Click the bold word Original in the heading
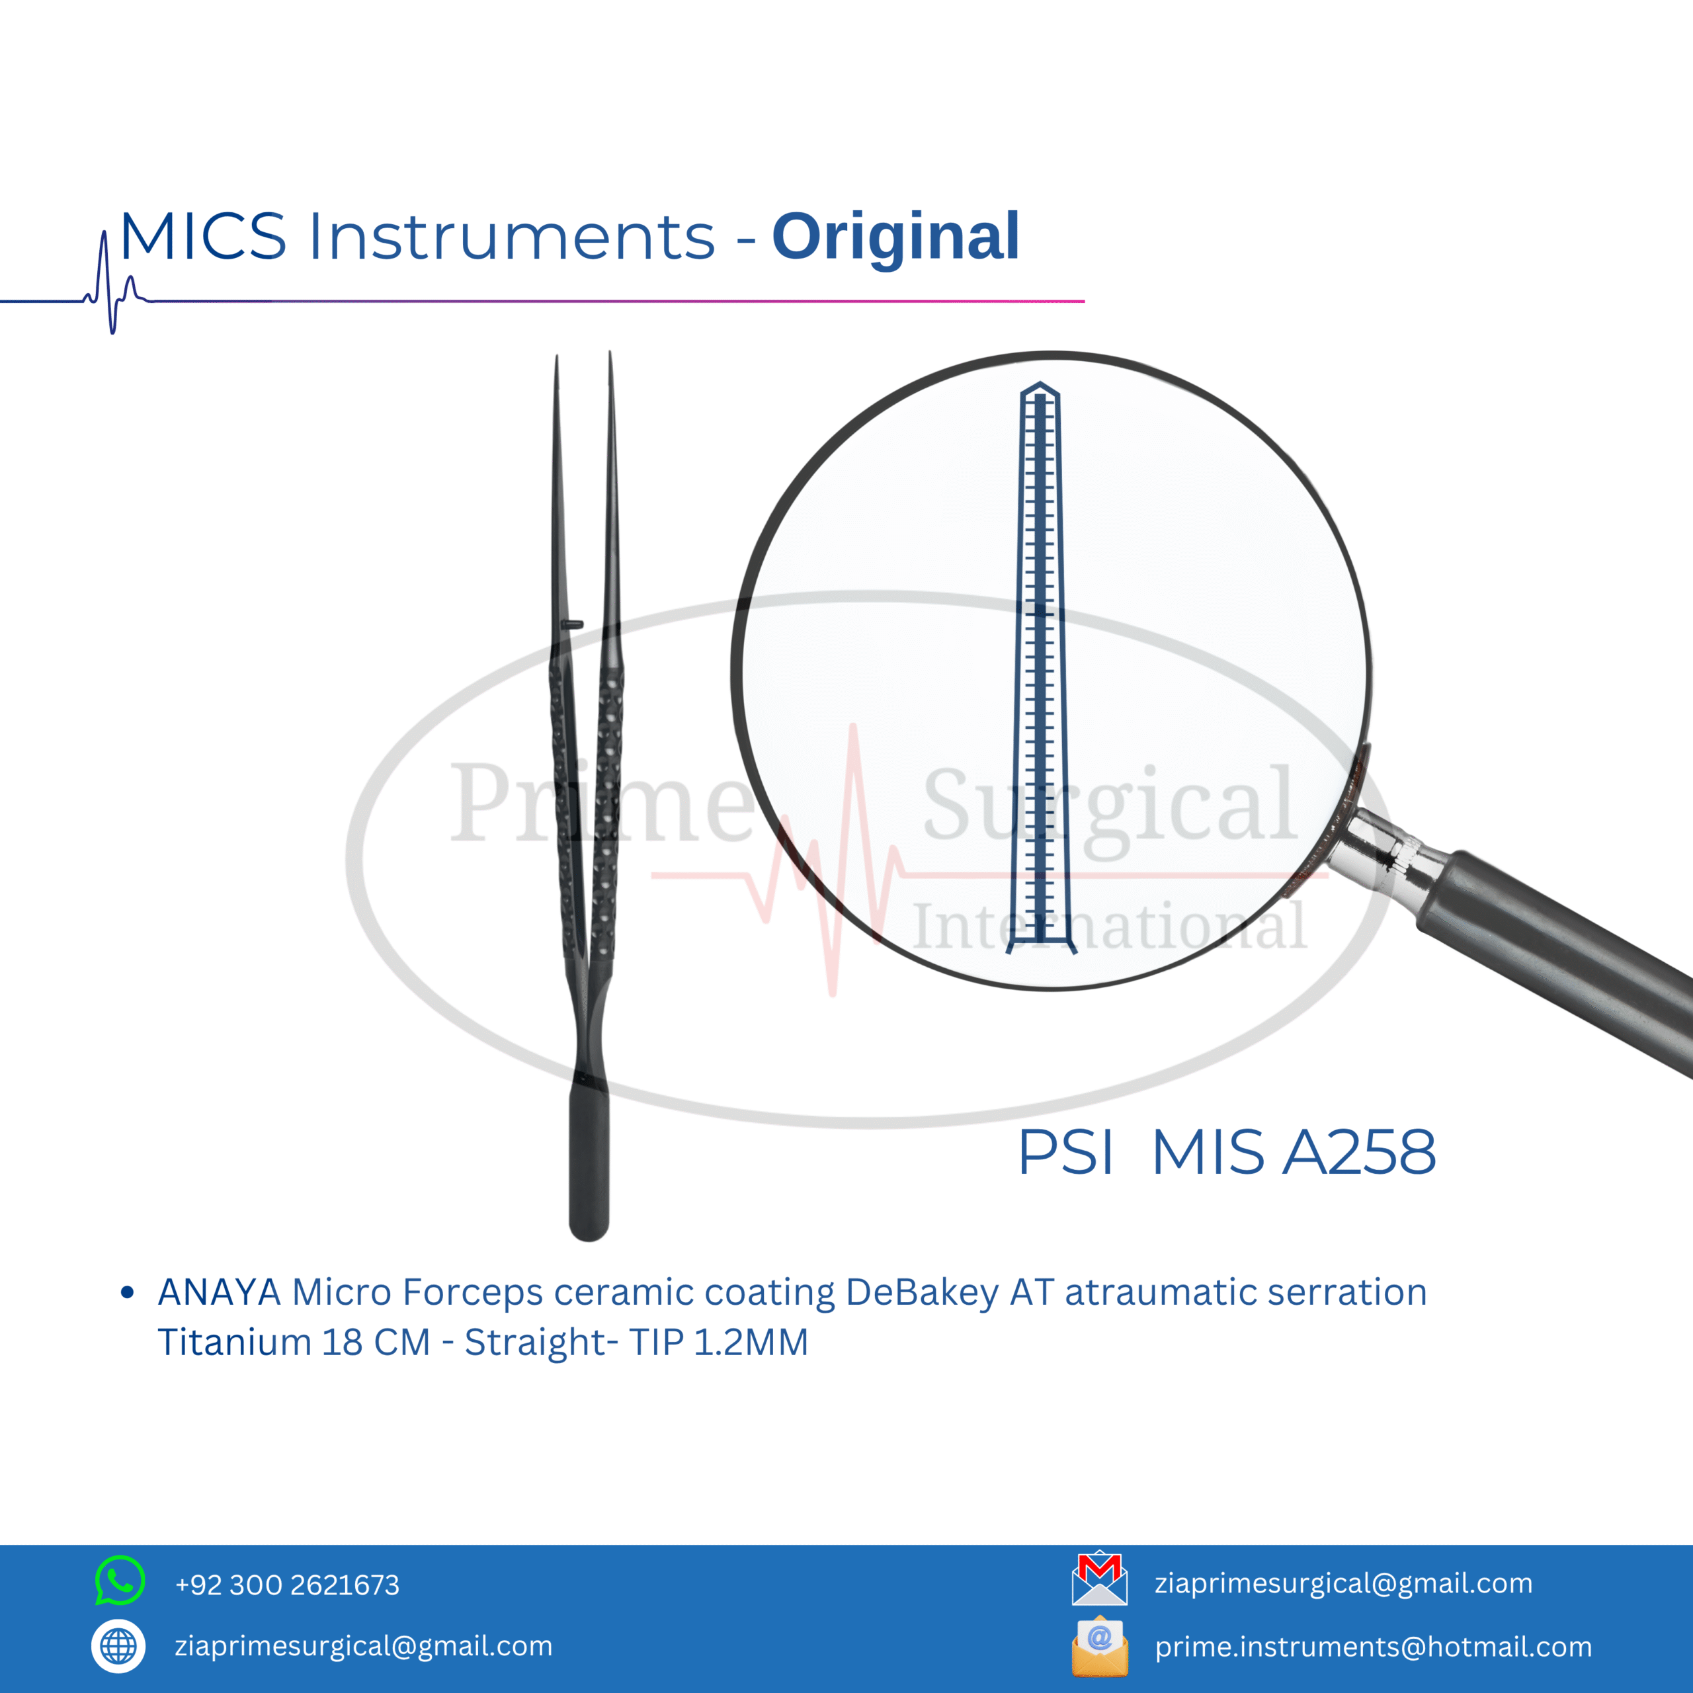tap(895, 237)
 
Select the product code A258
tap(1359, 1151)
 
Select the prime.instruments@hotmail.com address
tap(1373, 1647)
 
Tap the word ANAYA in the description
tap(219, 1292)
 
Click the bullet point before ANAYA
tap(128, 1292)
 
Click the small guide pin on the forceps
tap(572, 624)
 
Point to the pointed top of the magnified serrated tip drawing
tap(1040, 383)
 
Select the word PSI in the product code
tap(1065, 1151)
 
